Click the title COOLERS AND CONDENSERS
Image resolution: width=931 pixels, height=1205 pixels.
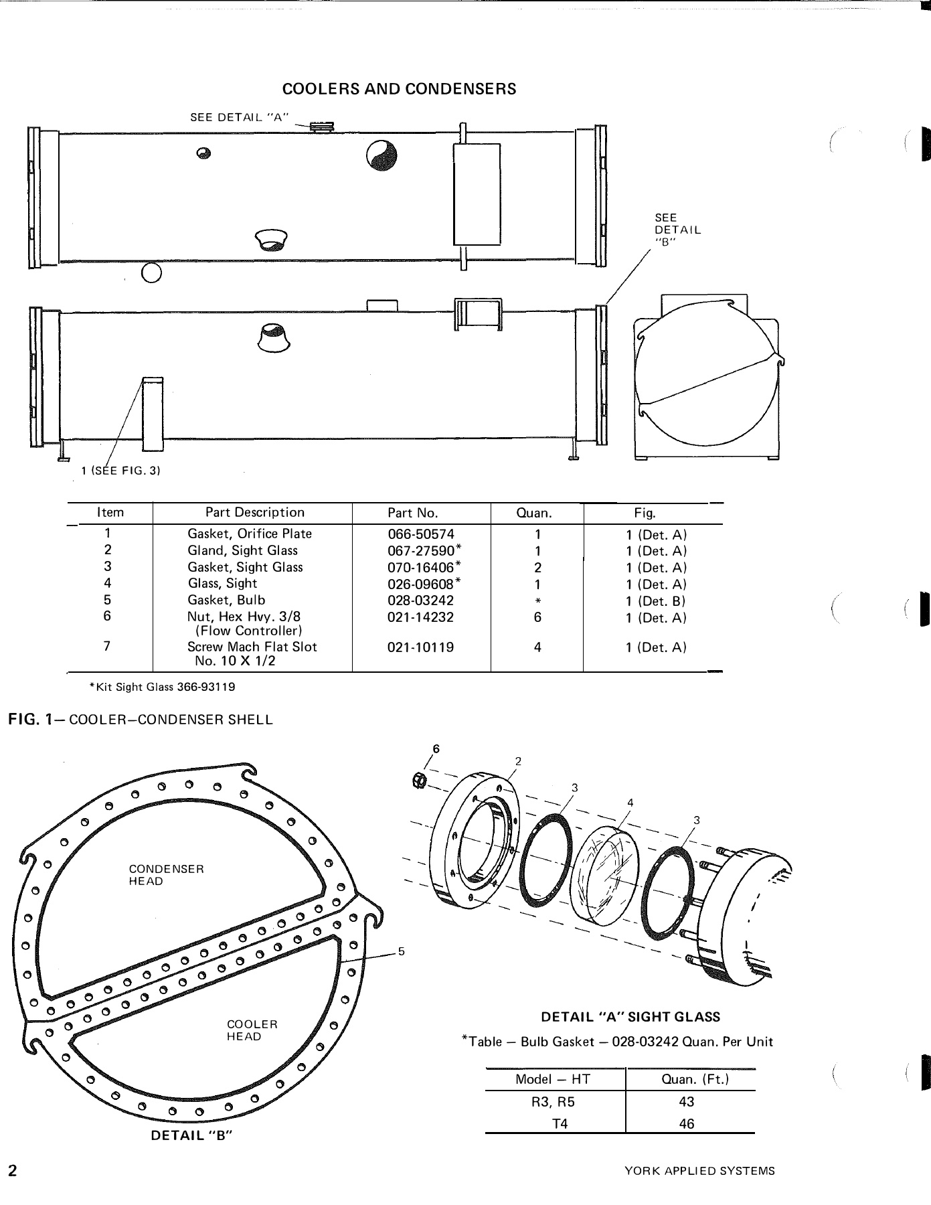point(399,89)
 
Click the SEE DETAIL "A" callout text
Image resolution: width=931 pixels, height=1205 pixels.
point(239,117)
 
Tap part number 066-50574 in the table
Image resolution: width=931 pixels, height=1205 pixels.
point(420,534)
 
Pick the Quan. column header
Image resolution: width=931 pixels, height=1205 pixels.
point(533,513)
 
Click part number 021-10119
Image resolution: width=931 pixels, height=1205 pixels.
point(420,647)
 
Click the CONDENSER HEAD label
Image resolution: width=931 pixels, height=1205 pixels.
point(166,875)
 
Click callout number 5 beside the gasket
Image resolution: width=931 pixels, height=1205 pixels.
point(401,951)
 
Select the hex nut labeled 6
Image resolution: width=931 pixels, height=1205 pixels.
point(420,780)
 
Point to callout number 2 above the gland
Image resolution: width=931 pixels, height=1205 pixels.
point(517,761)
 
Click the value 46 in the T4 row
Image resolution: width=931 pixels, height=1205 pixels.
point(686,1124)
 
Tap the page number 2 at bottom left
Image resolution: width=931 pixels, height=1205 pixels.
point(12,1171)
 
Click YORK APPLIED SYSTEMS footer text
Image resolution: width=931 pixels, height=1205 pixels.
point(699,1172)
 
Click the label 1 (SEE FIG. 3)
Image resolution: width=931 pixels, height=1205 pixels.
point(120,471)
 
